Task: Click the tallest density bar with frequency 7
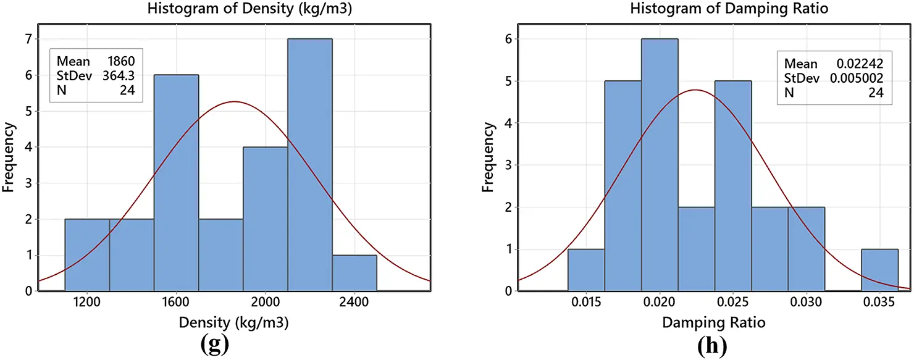point(309,164)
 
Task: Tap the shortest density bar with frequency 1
point(354,272)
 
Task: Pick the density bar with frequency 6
point(176,182)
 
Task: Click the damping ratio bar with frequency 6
point(660,164)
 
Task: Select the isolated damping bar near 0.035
point(879,270)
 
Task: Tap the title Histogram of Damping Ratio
point(696,9)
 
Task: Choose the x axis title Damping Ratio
point(705,322)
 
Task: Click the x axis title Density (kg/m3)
point(234,322)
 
